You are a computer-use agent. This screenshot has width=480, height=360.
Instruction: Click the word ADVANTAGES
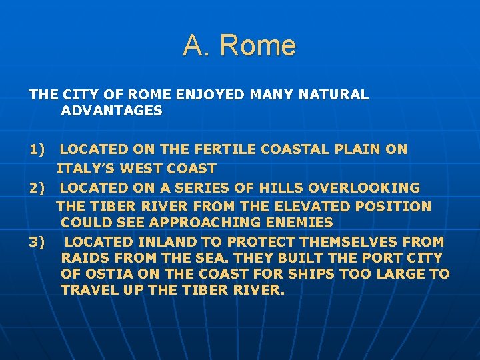coord(111,111)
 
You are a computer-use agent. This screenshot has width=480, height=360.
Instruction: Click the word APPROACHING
coord(201,222)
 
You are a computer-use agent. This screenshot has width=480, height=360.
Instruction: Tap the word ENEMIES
coord(299,222)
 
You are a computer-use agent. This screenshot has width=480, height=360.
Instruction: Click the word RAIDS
coord(82,257)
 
